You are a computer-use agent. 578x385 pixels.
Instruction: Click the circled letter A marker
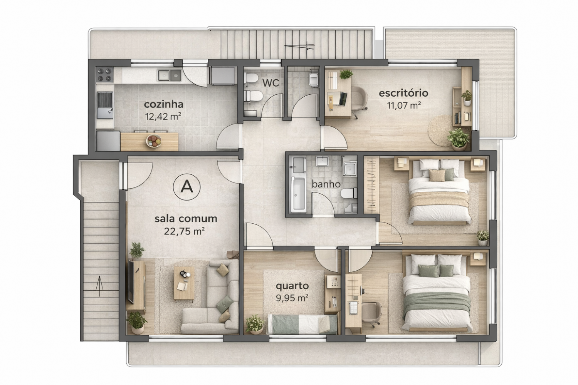coord(187,187)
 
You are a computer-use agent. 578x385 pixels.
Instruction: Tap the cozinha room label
coord(164,104)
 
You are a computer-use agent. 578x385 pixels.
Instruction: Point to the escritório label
coord(403,93)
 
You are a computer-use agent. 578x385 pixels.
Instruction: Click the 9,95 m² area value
coord(292,298)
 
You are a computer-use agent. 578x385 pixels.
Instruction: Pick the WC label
coord(271,83)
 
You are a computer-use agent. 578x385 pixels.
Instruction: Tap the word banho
coord(326,184)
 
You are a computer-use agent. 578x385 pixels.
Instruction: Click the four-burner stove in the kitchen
coord(104,74)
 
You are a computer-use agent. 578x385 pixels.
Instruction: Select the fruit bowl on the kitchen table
coord(153,141)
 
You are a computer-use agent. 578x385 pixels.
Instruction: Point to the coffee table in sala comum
coord(184,283)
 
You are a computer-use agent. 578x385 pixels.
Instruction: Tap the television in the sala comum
coord(131,282)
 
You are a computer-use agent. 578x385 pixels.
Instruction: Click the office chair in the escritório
coord(359,100)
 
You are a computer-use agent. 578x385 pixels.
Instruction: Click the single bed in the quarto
coord(302,324)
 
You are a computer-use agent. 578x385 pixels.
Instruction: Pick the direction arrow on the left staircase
coord(99,286)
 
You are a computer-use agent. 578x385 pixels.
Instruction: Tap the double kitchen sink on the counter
coord(170,75)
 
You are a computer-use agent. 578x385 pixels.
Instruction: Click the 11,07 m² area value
coord(404,105)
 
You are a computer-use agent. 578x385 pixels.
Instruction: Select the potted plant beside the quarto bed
coord(255,325)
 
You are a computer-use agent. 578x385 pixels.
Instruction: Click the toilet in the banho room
coord(349,193)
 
